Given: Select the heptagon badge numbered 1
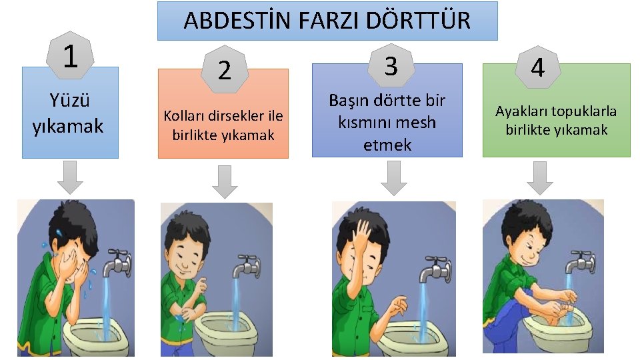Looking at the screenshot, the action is point(70,56).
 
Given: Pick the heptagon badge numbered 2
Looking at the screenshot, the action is point(225,69).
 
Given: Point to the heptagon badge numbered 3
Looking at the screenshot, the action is point(391,65).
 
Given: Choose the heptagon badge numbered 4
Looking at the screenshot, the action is point(537,67).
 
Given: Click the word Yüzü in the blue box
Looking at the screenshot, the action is point(69,100).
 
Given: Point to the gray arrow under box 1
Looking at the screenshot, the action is point(70,177).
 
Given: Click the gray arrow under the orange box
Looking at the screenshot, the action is point(225,181).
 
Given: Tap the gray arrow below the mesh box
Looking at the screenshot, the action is point(394,178).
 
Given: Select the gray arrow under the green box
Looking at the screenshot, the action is point(540,178).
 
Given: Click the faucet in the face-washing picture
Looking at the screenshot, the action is point(117,263).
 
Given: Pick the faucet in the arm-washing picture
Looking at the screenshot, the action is point(247,267).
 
